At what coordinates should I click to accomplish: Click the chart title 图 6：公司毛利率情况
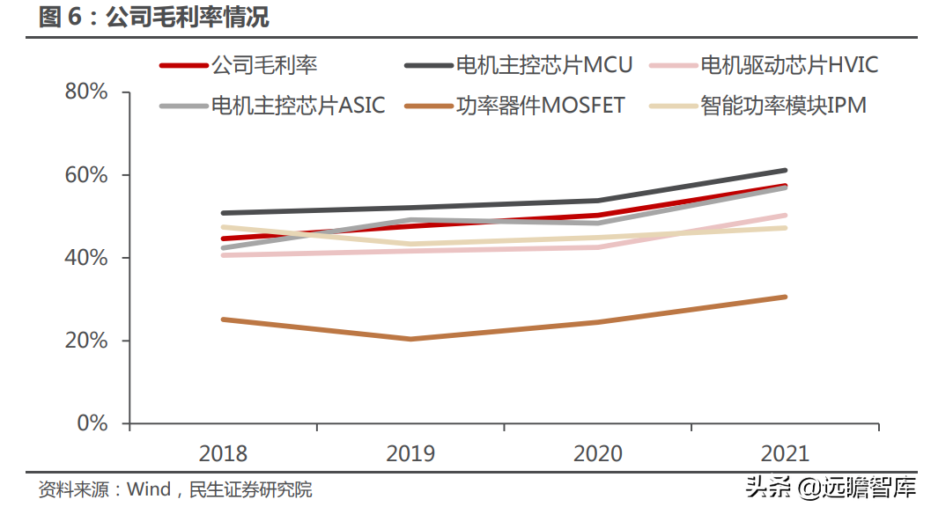(154, 17)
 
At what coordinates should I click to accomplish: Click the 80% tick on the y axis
(86, 92)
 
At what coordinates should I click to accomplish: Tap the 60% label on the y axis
(86, 175)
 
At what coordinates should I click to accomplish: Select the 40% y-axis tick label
(86, 258)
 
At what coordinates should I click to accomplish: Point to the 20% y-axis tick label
(86, 341)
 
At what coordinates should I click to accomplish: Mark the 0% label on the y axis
(92, 423)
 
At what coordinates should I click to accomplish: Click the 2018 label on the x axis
(223, 454)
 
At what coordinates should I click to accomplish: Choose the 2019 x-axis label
(410, 454)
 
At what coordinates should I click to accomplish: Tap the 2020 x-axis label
(597, 454)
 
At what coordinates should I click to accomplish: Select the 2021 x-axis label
(784, 454)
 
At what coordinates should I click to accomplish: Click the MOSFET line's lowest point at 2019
(410, 339)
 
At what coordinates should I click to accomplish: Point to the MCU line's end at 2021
(784, 170)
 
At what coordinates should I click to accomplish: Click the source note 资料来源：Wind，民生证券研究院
(175, 489)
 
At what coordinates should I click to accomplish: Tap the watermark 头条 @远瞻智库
(831, 487)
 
